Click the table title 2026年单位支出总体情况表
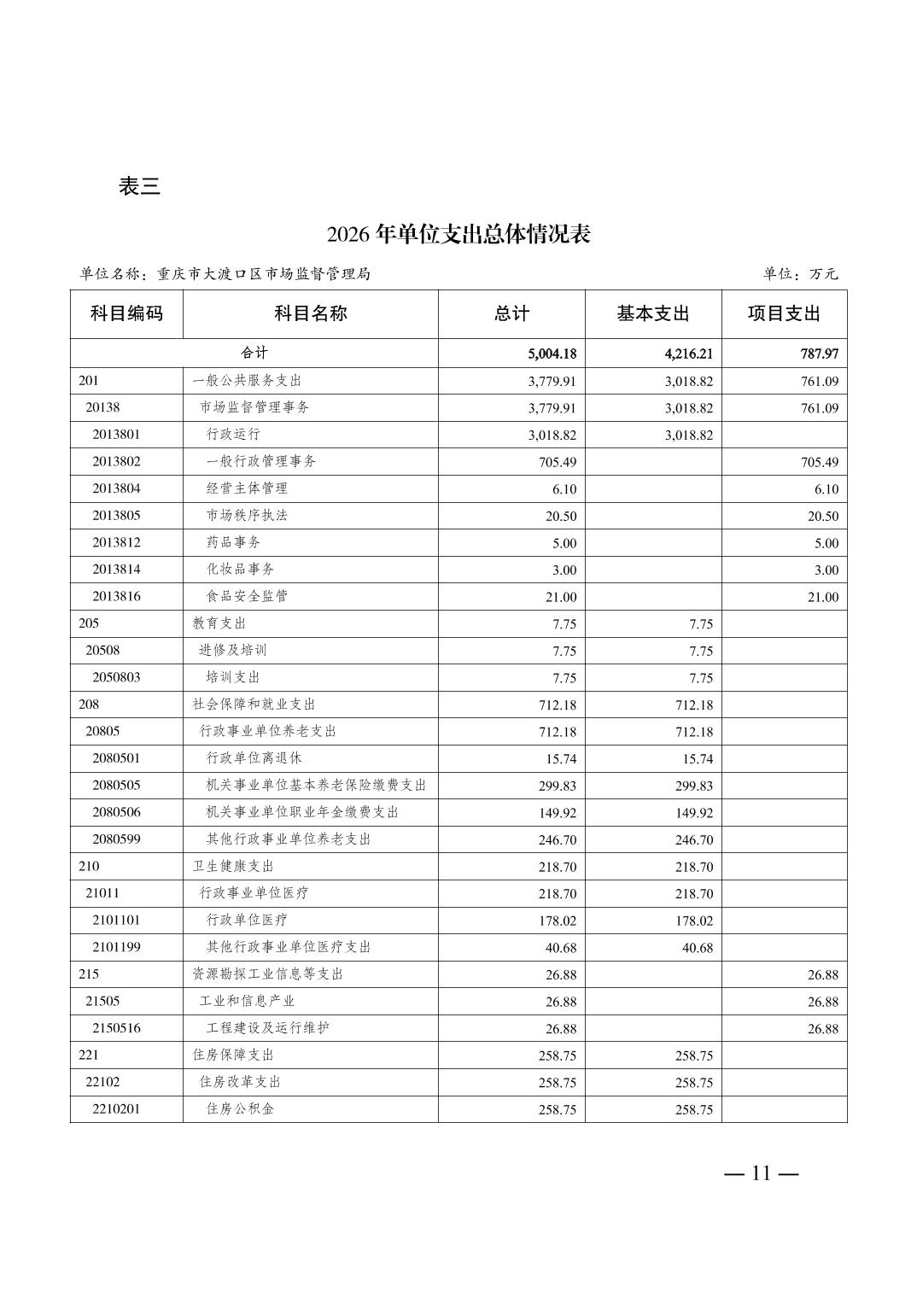pos(458,234)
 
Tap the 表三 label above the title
pos(139,186)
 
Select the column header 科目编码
pos(126,313)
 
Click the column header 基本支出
pos(653,313)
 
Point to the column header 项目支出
pos(784,313)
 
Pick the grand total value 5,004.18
pos(552,354)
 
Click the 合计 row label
pos(254,353)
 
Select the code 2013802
pos(116,461)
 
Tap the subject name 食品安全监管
pos(247,596)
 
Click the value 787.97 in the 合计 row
pos(819,354)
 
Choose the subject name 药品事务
pos(233,542)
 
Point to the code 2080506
pos(116,812)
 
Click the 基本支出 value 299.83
pos(693,786)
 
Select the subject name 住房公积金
pos(240,1108)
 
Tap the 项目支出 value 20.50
pos(822,516)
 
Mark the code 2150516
pos(116,1028)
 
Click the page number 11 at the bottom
pos(761,1173)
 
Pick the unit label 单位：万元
pos(800,274)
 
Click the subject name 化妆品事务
pos(240,569)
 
